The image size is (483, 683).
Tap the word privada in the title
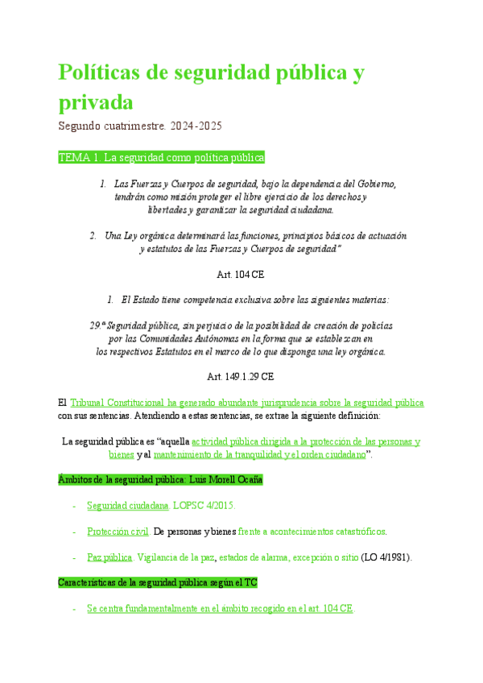click(96, 102)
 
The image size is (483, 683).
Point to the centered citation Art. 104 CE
click(241, 275)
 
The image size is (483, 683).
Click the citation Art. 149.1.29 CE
click(241, 376)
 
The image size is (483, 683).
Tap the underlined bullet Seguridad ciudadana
click(128, 505)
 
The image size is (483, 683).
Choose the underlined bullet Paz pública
click(109, 557)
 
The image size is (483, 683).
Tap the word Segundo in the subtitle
click(81, 126)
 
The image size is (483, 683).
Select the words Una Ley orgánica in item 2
click(140, 236)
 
